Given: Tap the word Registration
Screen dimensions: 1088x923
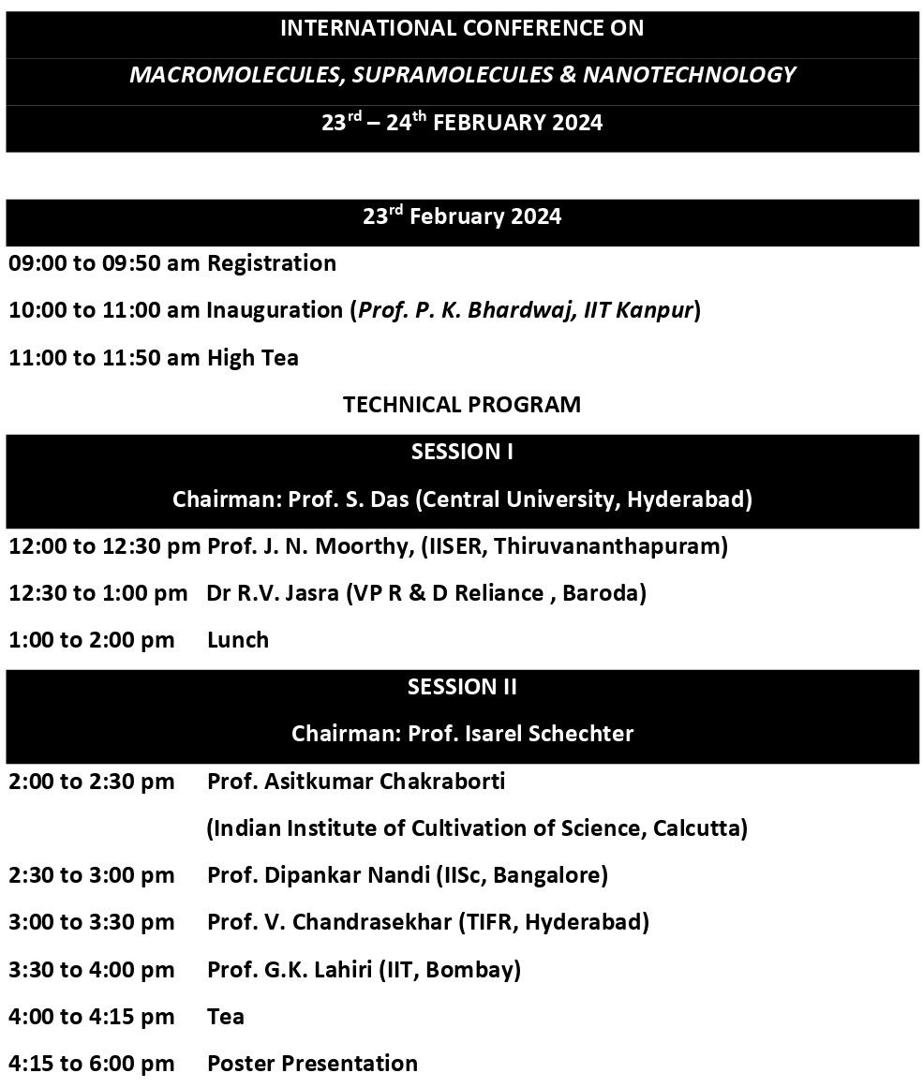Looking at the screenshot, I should point(272,263).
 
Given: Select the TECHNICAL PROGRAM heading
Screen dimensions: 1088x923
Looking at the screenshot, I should point(462,405).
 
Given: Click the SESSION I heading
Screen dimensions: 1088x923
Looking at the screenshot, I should point(462,452).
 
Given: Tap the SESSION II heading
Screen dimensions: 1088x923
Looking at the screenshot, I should point(462,687).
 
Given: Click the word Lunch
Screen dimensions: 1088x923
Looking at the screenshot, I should point(238,640).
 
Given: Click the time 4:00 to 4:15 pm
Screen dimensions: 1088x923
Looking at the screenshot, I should point(92,1016).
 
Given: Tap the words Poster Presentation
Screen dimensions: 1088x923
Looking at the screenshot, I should point(312,1064).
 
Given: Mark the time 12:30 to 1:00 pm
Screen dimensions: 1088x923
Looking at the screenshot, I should point(98,593).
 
